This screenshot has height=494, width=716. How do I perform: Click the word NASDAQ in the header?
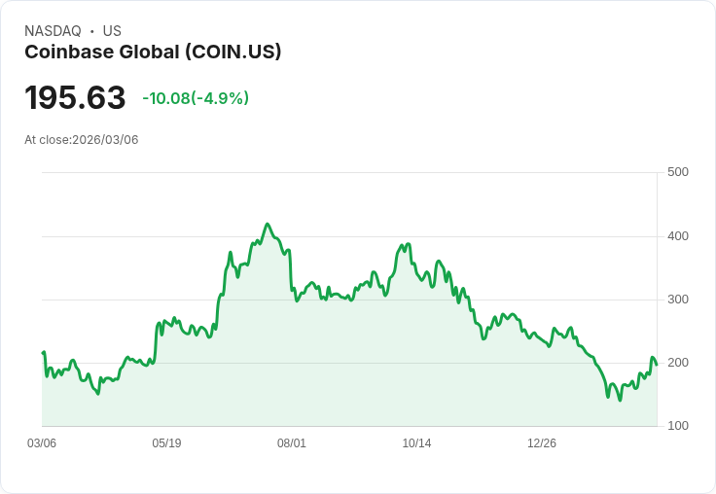(53, 31)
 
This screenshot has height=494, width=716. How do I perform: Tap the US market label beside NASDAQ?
(112, 31)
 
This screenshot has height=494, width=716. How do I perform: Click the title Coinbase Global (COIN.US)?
(153, 53)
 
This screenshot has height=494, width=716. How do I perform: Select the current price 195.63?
(75, 98)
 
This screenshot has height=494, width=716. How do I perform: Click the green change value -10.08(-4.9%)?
(196, 98)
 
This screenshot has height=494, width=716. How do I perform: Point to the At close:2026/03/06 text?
(82, 140)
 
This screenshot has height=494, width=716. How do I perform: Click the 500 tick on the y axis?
(678, 172)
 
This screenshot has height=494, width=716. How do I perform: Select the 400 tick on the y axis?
(678, 236)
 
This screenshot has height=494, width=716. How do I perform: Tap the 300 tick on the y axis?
(678, 300)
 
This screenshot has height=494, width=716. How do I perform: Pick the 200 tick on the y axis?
(678, 363)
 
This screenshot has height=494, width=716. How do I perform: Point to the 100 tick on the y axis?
(678, 426)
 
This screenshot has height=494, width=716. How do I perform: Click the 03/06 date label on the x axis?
(42, 443)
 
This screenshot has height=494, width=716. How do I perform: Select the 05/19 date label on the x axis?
(166, 443)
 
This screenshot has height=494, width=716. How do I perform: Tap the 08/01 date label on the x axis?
(292, 443)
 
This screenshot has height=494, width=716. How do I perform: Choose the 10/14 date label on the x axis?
(416, 443)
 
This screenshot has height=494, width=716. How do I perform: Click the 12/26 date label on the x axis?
(542, 443)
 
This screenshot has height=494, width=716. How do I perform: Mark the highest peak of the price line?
(268, 224)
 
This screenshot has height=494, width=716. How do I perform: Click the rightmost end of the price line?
(657, 365)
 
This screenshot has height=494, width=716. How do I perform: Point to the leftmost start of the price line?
(43, 353)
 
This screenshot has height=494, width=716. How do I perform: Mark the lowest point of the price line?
(620, 400)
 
